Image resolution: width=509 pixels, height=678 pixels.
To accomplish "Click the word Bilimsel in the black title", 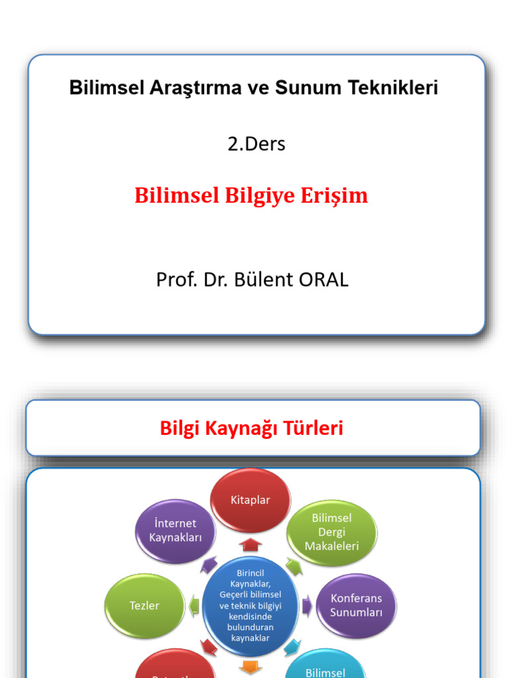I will (x=106, y=87).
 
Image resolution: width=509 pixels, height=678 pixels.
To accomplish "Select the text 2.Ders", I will (x=256, y=144).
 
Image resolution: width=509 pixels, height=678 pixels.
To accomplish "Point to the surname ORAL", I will (x=323, y=279).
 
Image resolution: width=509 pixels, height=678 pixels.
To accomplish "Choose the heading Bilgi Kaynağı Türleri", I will (x=252, y=428).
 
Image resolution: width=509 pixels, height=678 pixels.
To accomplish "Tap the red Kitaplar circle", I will (x=251, y=500).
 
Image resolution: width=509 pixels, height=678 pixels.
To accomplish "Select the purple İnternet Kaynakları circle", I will (x=176, y=530).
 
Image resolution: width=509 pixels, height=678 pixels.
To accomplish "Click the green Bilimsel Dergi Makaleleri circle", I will (x=331, y=532).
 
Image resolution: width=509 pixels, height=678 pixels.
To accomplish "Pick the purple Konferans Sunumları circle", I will (x=357, y=606).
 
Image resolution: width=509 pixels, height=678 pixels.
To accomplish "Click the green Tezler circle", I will (x=144, y=606).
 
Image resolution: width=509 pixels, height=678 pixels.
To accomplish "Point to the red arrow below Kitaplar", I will (x=251, y=545).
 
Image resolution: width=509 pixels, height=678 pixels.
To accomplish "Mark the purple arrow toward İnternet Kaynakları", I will (x=209, y=565).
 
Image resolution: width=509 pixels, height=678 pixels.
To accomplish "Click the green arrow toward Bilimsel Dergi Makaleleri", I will (x=294, y=566).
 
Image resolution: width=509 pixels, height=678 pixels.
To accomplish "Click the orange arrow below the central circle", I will (x=251, y=667).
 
